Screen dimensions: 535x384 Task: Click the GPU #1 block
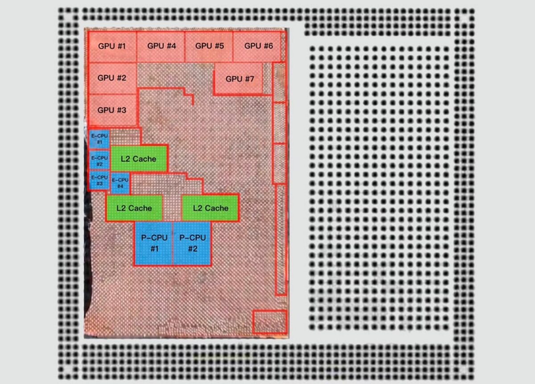click(x=112, y=47)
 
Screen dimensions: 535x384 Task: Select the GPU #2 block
click(x=112, y=78)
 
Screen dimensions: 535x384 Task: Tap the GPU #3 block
click(x=112, y=110)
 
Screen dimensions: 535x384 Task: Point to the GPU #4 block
click(x=161, y=47)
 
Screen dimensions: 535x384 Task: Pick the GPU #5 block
click(x=209, y=47)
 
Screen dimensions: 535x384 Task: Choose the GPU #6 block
click(x=257, y=47)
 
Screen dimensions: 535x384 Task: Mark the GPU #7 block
click(x=239, y=79)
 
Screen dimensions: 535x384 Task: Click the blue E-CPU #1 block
click(x=99, y=139)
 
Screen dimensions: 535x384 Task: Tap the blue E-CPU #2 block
click(x=99, y=161)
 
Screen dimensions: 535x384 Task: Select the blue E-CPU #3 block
click(x=99, y=181)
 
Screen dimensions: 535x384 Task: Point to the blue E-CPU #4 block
click(x=120, y=183)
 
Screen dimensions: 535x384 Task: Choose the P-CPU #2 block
click(x=192, y=243)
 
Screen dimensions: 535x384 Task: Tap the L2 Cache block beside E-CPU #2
click(x=139, y=159)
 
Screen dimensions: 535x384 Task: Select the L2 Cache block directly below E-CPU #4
click(x=135, y=208)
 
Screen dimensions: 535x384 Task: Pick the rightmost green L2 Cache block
click(x=210, y=208)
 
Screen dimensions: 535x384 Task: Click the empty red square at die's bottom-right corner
click(x=270, y=322)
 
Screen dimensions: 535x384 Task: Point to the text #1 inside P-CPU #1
click(x=155, y=249)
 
